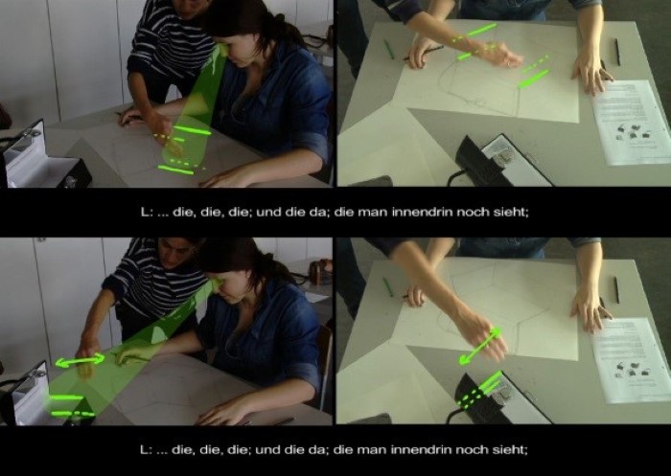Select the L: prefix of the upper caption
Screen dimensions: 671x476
click(x=147, y=212)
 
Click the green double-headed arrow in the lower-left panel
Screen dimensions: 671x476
click(x=80, y=360)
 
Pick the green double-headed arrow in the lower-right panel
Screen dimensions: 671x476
click(x=479, y=346)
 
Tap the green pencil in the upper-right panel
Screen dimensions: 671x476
click(x=388, y=49)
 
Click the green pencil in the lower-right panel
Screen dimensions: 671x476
click(x=387, y=287)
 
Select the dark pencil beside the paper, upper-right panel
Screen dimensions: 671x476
click(x=617, y=52)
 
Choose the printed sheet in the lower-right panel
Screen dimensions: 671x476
click(x=631, y=360)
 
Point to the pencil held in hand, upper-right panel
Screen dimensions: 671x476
click(x=424, y=53)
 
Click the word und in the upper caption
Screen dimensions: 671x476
click(x=266, y=212)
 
